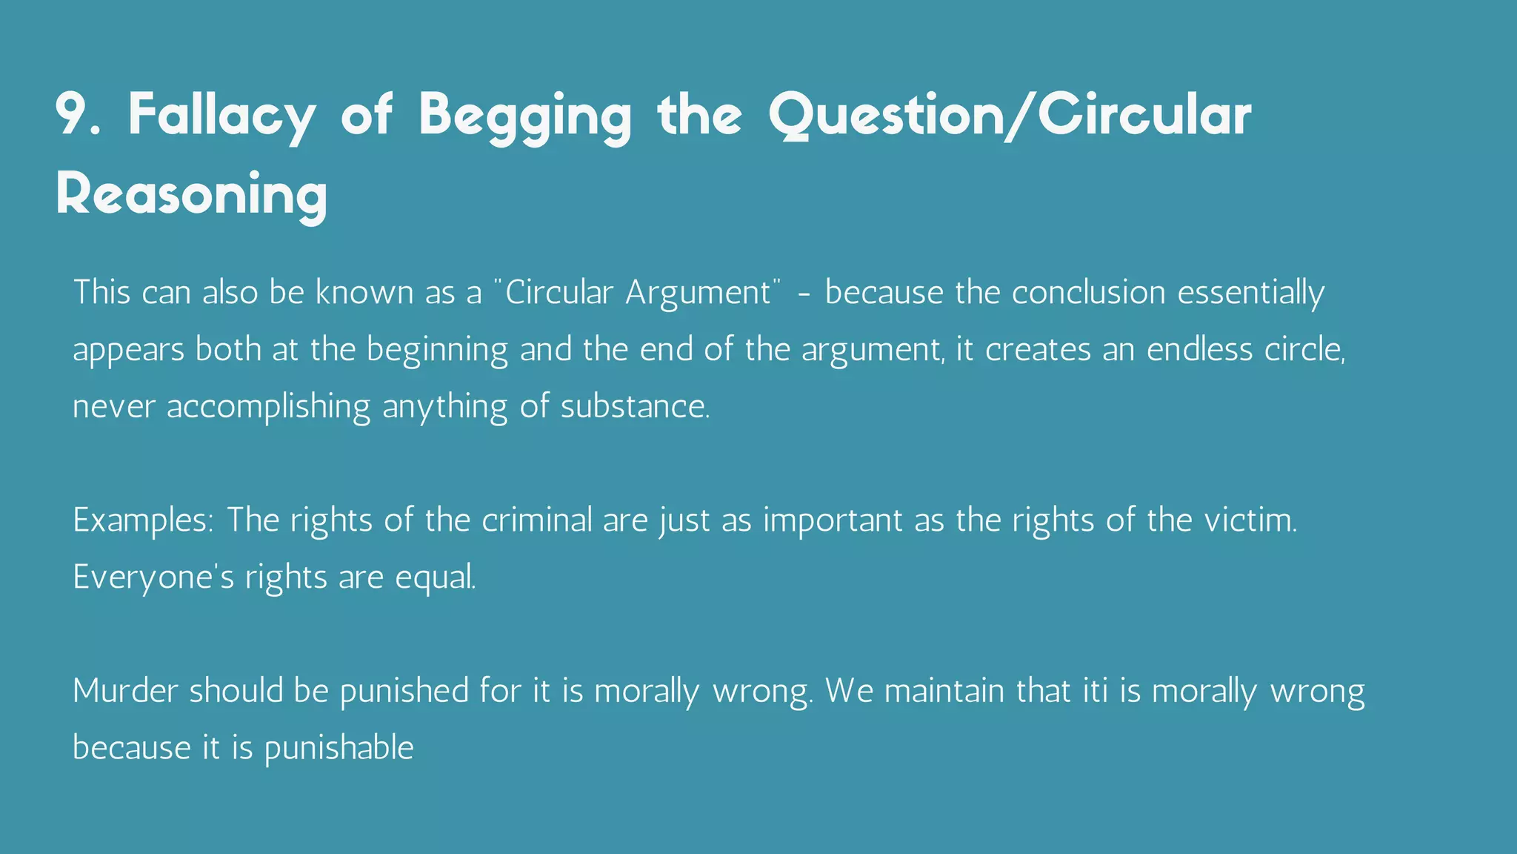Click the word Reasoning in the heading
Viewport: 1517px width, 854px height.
tap(191, 195)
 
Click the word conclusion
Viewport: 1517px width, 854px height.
tap(1088, 292)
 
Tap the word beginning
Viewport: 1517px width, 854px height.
tap(437, 350)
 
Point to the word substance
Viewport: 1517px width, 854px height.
tap(634, 406)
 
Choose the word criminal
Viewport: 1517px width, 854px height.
tap(537, 520)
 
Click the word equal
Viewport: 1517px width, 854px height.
tap(436, 577)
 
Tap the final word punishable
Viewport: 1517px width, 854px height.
tap(339, 748)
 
